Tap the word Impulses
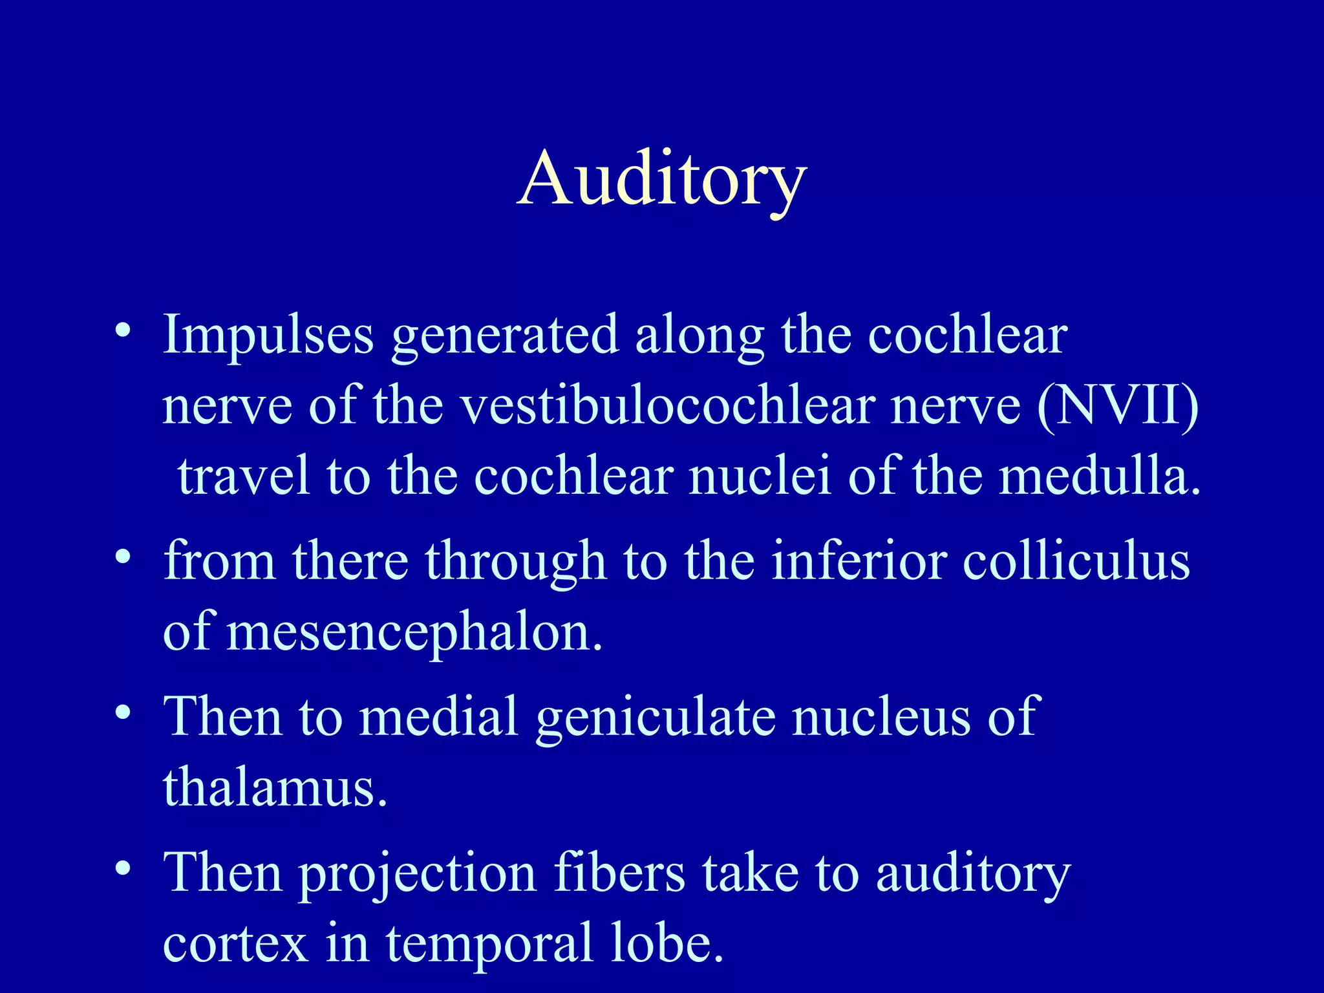tap(268, 335)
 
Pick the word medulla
tap(1098, 476)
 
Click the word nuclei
tap(760, 476)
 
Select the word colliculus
tap(1076, 561)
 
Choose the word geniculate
tap(656, 718)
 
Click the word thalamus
tap(275, 787)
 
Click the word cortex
tap(235, 944)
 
